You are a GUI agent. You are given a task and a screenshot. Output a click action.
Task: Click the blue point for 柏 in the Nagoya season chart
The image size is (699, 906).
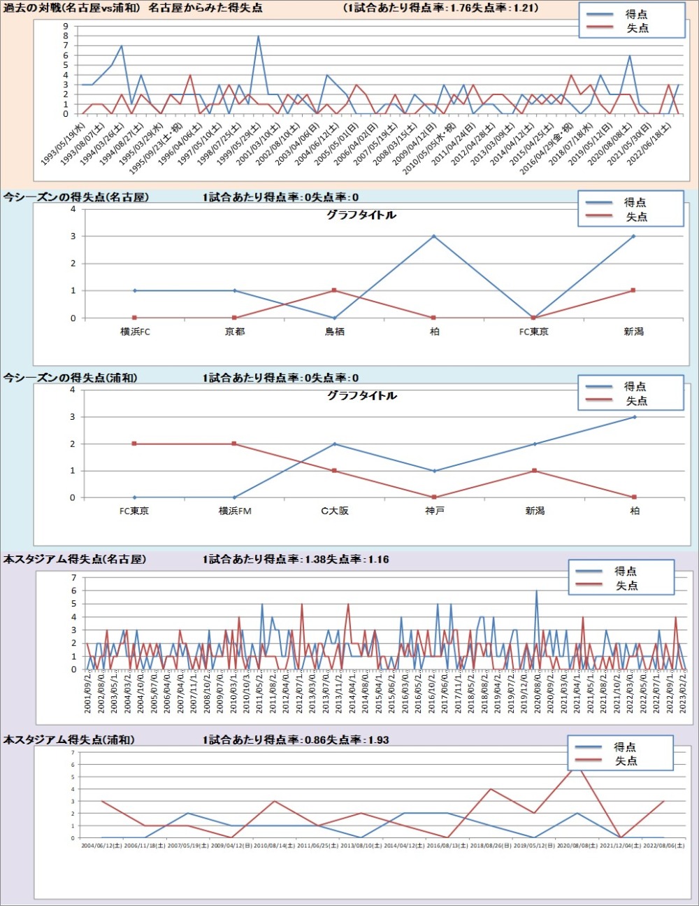(x=434, y=236)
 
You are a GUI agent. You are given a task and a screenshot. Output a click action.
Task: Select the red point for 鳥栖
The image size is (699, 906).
(x=334, y=290)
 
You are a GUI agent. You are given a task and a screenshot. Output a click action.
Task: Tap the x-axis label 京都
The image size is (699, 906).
(x=235, y=332)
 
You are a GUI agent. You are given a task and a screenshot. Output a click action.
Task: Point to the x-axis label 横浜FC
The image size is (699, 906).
(x=135, y=332)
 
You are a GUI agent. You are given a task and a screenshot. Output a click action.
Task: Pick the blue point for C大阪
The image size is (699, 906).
(x=334, y=444)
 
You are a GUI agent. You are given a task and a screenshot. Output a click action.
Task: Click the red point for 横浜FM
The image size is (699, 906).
(x=235, y=444)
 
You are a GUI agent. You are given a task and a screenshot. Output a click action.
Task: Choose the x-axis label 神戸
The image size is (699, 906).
(x=434, y=511)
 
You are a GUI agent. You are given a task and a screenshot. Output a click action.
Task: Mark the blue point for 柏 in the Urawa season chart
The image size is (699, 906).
(x=634, y=417)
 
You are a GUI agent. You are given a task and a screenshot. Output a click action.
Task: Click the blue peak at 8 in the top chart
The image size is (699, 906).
(x=258, y=36)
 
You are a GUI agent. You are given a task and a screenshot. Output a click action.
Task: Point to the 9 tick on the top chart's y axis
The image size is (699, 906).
(x=66, y=26)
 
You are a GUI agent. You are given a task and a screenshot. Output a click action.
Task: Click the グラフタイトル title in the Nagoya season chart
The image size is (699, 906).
(x=361, y=215)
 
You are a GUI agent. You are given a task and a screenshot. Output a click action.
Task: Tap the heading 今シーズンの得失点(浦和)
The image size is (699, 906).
(x=71, y=378)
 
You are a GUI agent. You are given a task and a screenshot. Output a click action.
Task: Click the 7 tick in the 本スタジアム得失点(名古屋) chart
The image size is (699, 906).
(x=73, y=578)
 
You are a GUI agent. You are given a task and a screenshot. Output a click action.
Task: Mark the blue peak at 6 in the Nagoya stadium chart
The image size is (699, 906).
(x=537, y=591)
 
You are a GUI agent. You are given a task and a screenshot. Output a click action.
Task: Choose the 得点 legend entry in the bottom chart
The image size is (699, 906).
(x=624, y=747)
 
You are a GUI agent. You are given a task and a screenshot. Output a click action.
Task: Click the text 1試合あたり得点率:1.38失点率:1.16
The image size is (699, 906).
(x=296, y=560)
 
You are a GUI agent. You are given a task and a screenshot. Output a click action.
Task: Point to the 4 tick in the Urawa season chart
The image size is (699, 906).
(x=73, y=390)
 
